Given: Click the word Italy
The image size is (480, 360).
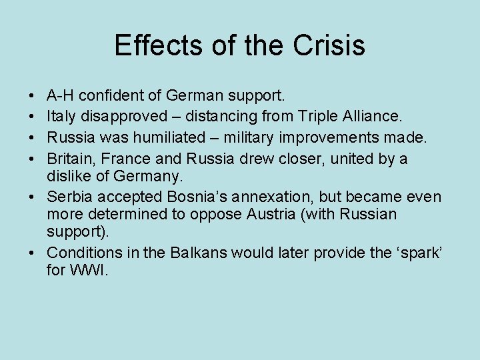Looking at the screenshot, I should [x=62, y=117].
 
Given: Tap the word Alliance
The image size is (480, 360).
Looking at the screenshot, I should [x=375, y=117].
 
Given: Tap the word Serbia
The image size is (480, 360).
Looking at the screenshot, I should [x=69, y=197].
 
